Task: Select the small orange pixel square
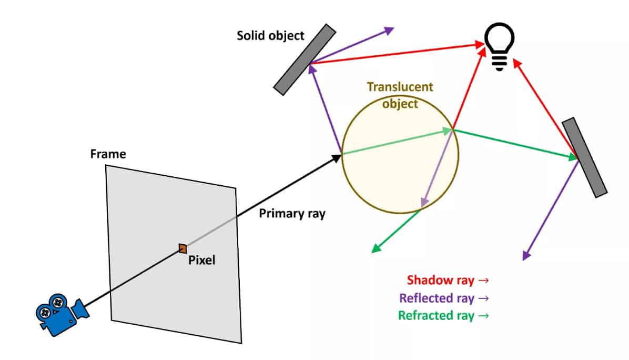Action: pos(182,248)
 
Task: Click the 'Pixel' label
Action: pos(201,259)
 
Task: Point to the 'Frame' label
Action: pos(108,154)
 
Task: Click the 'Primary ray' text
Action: pos(292,214)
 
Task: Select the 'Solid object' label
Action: pos(270,36)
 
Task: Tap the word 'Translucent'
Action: pos(400,87)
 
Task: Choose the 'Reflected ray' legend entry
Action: pos(444,298)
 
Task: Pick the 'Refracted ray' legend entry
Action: pos(444,316)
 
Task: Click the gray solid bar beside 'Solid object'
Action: pos(305,59)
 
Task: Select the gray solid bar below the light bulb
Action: pos(584,157)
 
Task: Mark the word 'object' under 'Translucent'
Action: pos(400,104)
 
